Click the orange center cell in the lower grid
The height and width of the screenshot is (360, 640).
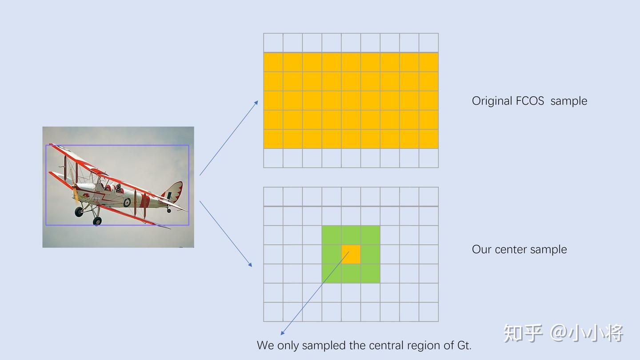tap(351, 254)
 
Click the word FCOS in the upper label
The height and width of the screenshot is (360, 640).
tap(530, 101)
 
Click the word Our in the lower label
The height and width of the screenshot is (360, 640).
tap(482, 249)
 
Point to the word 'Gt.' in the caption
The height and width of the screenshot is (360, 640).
tap(464, 345)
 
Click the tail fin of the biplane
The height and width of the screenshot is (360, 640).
tap(173, 192)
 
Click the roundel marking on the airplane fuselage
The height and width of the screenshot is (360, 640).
tap(127, 202)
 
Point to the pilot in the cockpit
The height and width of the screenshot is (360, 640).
tap(118, 188)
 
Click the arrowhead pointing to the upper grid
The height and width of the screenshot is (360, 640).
tap(256, 103)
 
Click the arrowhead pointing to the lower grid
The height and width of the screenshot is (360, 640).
tap(250, 265)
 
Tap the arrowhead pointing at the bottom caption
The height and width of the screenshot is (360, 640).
tap(282, 333)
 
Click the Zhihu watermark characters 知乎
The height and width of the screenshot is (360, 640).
tap(523, 333)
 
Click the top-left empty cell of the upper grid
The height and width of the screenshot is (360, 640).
tap(273, 43)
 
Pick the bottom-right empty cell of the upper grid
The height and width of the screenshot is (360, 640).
tap(428, 158)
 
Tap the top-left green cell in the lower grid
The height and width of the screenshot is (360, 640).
tap(332, 235)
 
